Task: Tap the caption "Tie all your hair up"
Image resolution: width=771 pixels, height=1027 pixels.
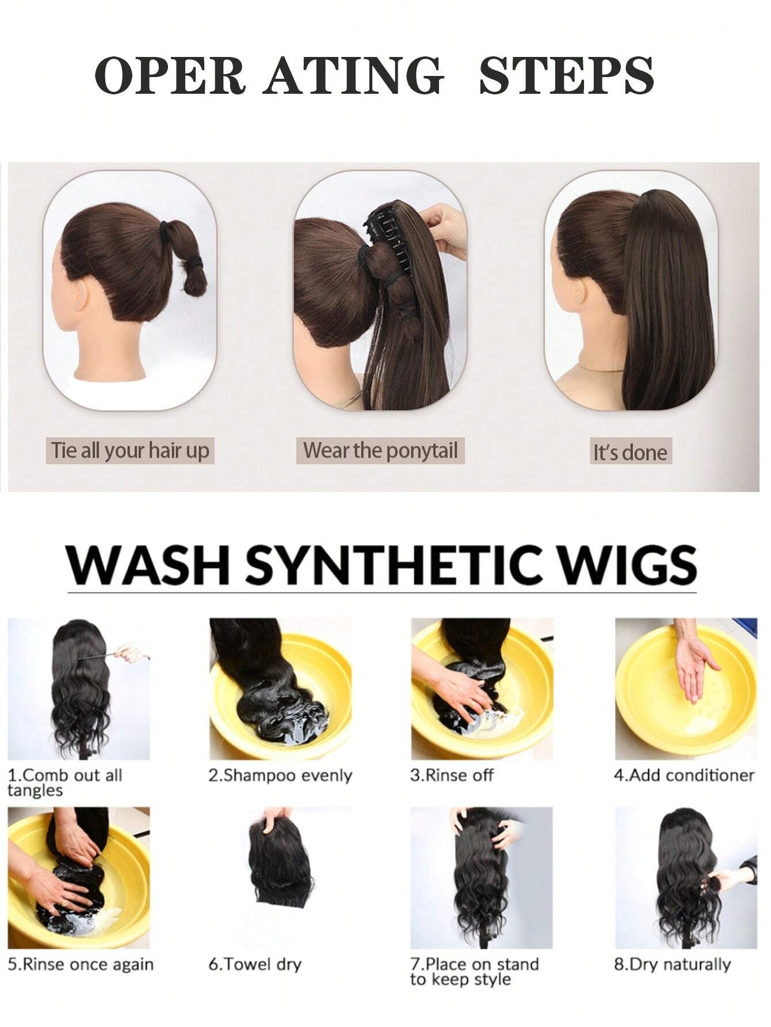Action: pyautogui.click(x=130, y=450)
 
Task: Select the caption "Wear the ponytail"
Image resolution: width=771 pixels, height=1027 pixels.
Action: pyautogui.click(x=380, y=450)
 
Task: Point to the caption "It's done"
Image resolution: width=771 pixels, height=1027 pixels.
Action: pyautogui.click(x=630, y=452)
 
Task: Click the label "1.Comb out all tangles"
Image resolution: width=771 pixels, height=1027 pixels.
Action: pyautogui.click(x=64, y=782)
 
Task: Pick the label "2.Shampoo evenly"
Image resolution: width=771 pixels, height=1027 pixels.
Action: pyautogui.click(x=280, y=776)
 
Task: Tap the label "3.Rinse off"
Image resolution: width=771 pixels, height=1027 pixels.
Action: pyautogui.click(x=452, y=776)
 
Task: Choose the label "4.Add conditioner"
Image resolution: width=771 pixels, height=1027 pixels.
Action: pyautogui.click(x=684, y=776)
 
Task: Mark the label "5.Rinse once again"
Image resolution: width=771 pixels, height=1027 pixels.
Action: pyautogui.click(x=81, y=964)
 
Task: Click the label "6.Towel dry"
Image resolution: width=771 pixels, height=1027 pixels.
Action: pyautogui.click(x=255, y=964)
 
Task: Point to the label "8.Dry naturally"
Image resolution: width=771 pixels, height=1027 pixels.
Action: pyautogui.click(x=672, y=964)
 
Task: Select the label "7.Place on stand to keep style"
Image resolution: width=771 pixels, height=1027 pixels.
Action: pyautogui.click(x=474, y=971)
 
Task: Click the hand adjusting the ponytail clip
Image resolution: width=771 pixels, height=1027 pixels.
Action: pyautogui.click(x=445, y=227)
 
